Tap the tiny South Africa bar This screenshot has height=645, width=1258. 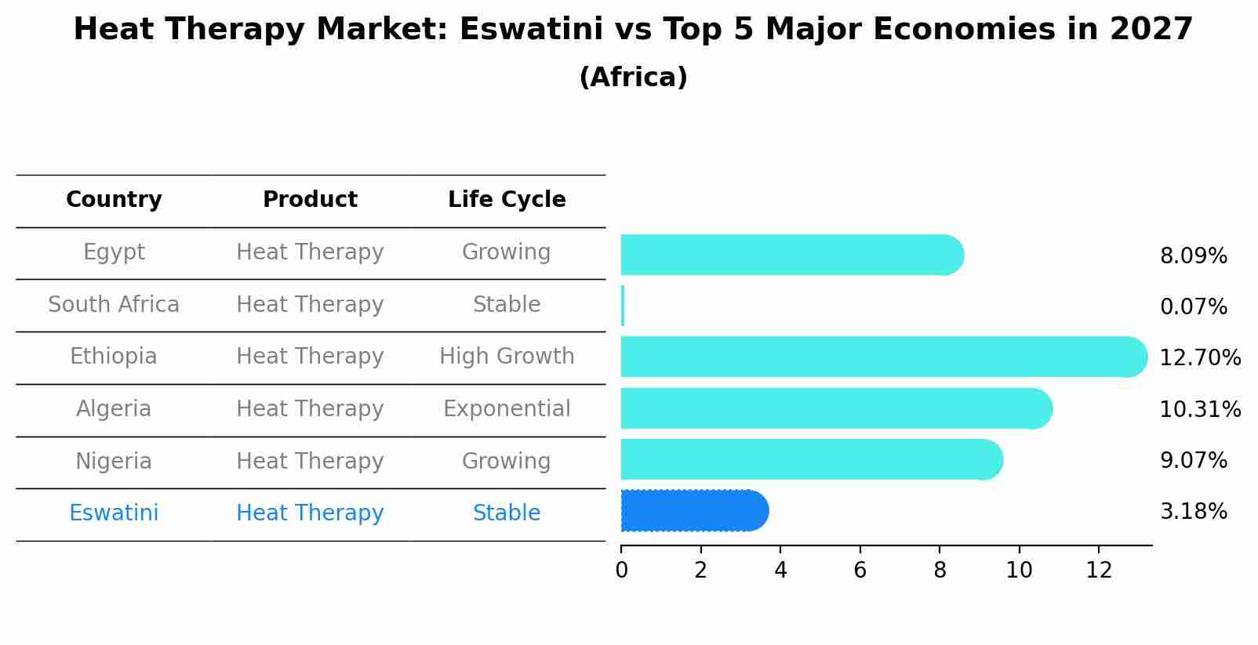pyautogui.click(x=623, y=306)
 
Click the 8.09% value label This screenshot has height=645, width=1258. pyautogui.click(x=1193, y=256)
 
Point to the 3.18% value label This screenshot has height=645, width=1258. pyautogui.click(x=1193, y=512)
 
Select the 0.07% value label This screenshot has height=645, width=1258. pyautogui.click(x=1193, y=307)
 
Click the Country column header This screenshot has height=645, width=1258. pyautogui.click(x=114, y=200)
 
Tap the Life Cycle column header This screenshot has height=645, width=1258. pyautogui.click(x=507, y=200)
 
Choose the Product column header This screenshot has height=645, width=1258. pyautogui.click(x=310, y=200)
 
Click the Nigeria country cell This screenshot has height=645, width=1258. pyautogui.click(x=114, y=461)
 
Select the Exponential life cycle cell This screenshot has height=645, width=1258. pyautogui.click(x=507, y=409)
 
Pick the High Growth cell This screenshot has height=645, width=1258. pyautogui.click(x=507, y=357)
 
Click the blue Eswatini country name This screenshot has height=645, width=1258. pyautogui.click(x=114, y=513)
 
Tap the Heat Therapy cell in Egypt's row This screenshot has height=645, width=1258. pyautogui.click(x=310, y=252)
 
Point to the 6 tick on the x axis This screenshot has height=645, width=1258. pyautogui.click(x=860, y=570)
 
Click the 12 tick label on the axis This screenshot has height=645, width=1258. pyautogui.click(x=1099, y=570)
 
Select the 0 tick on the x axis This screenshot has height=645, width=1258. pyautogui.click(x=621, y=570)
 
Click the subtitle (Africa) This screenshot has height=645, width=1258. pyautogui.click(x=633, y=78)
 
